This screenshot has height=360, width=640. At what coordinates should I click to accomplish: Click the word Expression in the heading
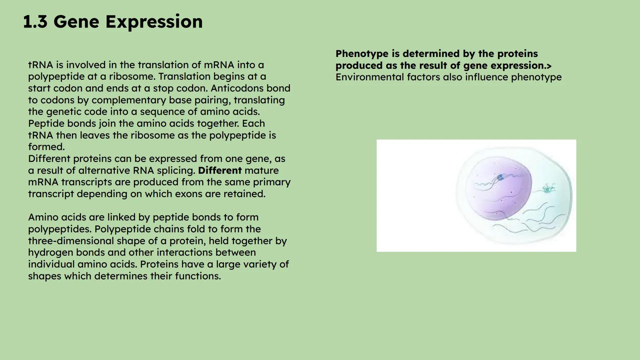[154, 22]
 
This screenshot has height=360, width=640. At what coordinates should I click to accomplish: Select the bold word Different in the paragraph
[219, 170]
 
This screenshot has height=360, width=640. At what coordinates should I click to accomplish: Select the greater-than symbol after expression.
[549, 66]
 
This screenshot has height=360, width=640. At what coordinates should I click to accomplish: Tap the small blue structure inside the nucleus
[500, 177]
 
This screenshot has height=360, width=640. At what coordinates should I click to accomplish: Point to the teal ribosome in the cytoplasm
[547, 189]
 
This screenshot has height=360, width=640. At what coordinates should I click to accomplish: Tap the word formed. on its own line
[46, 147]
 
